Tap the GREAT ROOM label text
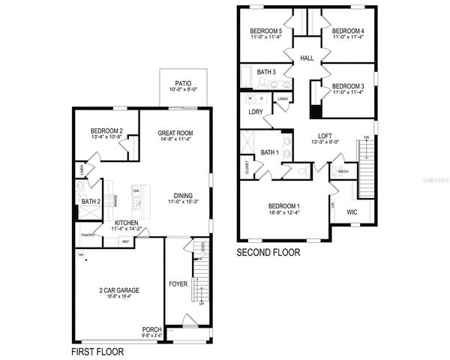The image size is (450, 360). (x=175, y=133)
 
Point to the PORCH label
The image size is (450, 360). (x=151, y=329)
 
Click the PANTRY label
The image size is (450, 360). (x=86, y=235)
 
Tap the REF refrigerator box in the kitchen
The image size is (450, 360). (x=125, y=241)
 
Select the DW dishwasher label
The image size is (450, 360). (x=136, y=191)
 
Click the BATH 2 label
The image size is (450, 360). (x=91, y=202)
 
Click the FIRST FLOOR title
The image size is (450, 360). (x=97, y=351)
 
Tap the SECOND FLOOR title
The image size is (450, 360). (x=268, y=253)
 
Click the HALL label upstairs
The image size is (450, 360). (x=307, y=57)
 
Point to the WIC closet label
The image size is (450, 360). (x=352, y=212)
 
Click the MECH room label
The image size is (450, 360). (x=343, y=171)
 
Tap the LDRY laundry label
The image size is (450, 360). (x=255, y=112)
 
